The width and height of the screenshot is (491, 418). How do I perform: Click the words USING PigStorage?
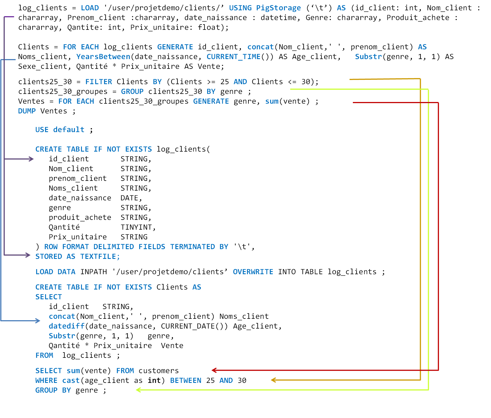click(265, 8)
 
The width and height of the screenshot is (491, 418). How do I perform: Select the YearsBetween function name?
click(103, 57)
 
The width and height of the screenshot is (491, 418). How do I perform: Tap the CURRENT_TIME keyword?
click(233, 57)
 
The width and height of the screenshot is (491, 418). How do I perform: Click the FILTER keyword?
click(99, 82)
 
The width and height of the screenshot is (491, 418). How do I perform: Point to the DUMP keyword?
click(27, 111)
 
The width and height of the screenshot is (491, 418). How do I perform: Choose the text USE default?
click(60, 130)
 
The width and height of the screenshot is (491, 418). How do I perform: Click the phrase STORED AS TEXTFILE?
click(77, 256)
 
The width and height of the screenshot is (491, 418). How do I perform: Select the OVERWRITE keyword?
click(253, 272)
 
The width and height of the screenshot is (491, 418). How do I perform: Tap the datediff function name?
click(67, 326)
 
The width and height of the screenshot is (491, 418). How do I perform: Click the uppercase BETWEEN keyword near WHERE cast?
click(185, 380)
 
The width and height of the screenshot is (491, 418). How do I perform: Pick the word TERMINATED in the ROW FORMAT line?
click(192, 247)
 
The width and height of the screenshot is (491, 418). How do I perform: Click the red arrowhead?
click(214, 370)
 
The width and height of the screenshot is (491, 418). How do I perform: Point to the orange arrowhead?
click(273, 380)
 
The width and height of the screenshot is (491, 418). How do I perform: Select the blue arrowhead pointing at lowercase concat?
click(38, 321)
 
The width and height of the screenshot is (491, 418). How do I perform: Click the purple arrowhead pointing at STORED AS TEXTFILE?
click(28, 255)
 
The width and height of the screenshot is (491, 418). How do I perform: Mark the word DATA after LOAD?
click(66, 272)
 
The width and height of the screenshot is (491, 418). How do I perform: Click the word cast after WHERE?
click(71, 380)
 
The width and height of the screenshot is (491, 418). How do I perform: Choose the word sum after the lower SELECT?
click(73, 371)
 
